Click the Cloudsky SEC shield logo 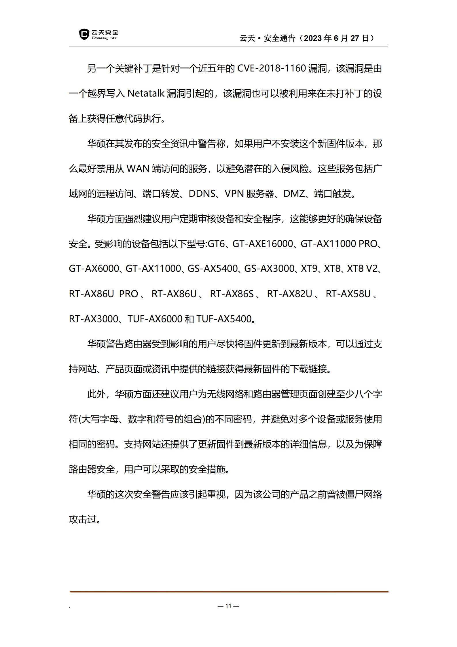[x=84, y=34]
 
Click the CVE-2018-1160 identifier [x=271, y=69]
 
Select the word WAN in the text [x=138, y=169]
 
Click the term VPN [x=234, y=194]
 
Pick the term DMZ [x=294, y=194]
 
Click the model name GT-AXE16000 [x=262, y=244]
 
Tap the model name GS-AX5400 [x=213, y=269]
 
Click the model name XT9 [x=309, y=269]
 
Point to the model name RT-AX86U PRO [x=103, y=294]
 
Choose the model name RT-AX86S [x=232, y=294]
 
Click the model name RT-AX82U [x=289, y=294]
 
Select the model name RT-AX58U [x=348, y=294]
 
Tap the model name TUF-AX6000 [x=155, y=319]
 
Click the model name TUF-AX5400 [x=224, y=319]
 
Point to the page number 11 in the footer [x=228, y=606]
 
